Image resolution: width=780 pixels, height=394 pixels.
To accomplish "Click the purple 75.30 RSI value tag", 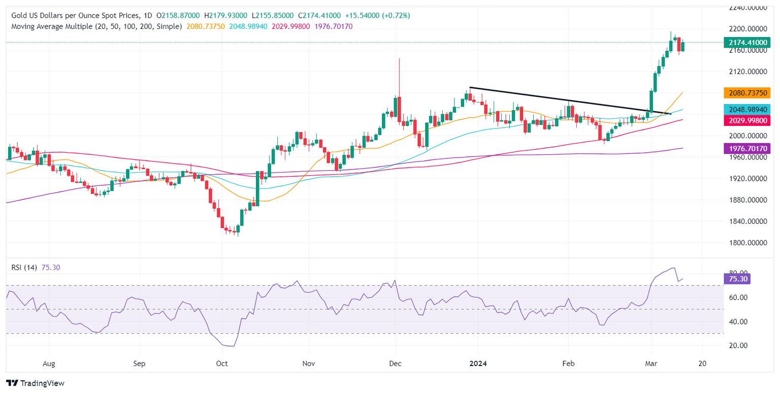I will (x=736, y=278).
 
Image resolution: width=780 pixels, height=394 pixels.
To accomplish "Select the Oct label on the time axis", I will (x=222, y=364).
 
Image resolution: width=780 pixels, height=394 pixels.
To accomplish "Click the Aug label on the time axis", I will (x=49, y=364).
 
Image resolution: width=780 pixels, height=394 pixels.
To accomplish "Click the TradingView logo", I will (x=35, y=383).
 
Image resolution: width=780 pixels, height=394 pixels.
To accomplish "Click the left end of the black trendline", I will (x=470, y=88).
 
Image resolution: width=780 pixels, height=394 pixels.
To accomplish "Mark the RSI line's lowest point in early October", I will (x=233, y=346).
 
